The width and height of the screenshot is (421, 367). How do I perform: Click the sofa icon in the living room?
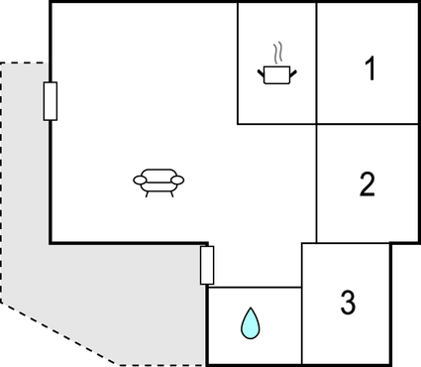158,181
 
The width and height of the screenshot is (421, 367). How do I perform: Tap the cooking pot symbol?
277,73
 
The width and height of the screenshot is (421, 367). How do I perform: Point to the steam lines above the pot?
279,51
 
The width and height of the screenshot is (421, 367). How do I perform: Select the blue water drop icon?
251,323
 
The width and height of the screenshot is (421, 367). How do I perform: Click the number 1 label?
369,69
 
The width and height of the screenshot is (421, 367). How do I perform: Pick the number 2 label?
367,183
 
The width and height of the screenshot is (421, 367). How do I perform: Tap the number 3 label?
348,303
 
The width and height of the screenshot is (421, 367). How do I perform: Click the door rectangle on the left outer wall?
50,101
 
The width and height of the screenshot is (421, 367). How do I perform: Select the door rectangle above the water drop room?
207,265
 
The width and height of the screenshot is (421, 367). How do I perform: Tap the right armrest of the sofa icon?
179,180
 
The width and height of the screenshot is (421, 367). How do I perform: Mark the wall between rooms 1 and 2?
367,124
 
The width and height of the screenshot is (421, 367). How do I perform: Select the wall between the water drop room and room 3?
301,322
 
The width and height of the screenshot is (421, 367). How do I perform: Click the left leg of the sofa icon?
148,192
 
